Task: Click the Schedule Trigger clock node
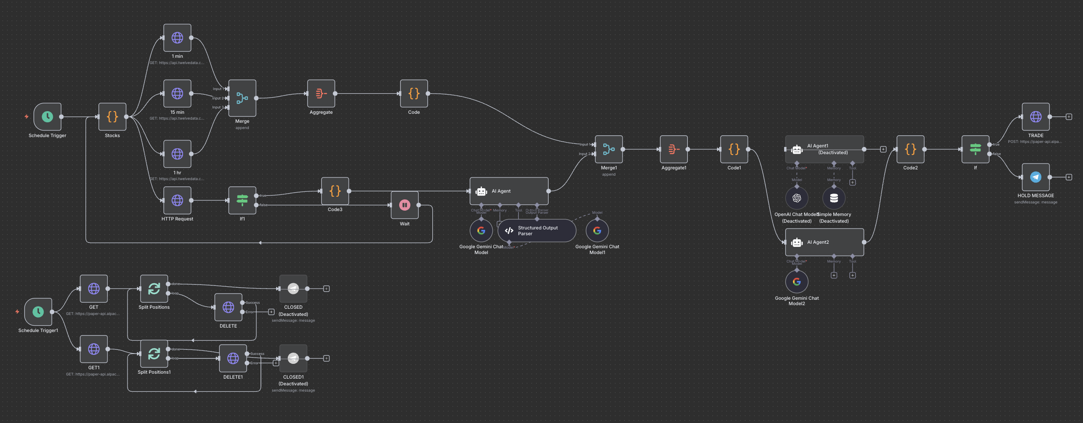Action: [47, 117]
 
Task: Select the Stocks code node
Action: [112, 117]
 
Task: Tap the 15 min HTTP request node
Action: [177, 94]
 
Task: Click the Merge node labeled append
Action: [242, 98]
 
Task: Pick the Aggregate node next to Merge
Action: [321, 94]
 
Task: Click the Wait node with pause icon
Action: [405, 205]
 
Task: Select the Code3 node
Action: [335, 191]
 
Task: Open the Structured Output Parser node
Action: [537, 231]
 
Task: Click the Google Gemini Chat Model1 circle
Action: [597, 231]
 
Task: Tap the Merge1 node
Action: [609, 149]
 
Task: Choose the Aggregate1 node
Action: [674, 149]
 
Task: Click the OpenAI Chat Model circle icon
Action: [797, 198]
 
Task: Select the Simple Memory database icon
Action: [834, 198]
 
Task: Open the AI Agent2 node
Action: [824, 242]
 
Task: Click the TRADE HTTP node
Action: [1036, 117]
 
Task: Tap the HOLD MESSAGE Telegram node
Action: [1036, 177]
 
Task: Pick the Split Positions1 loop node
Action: [154, 354]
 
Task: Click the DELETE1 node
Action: [233, 358]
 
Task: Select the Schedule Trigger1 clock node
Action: [38, 312]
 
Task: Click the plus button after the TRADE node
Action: [1069, 117]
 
